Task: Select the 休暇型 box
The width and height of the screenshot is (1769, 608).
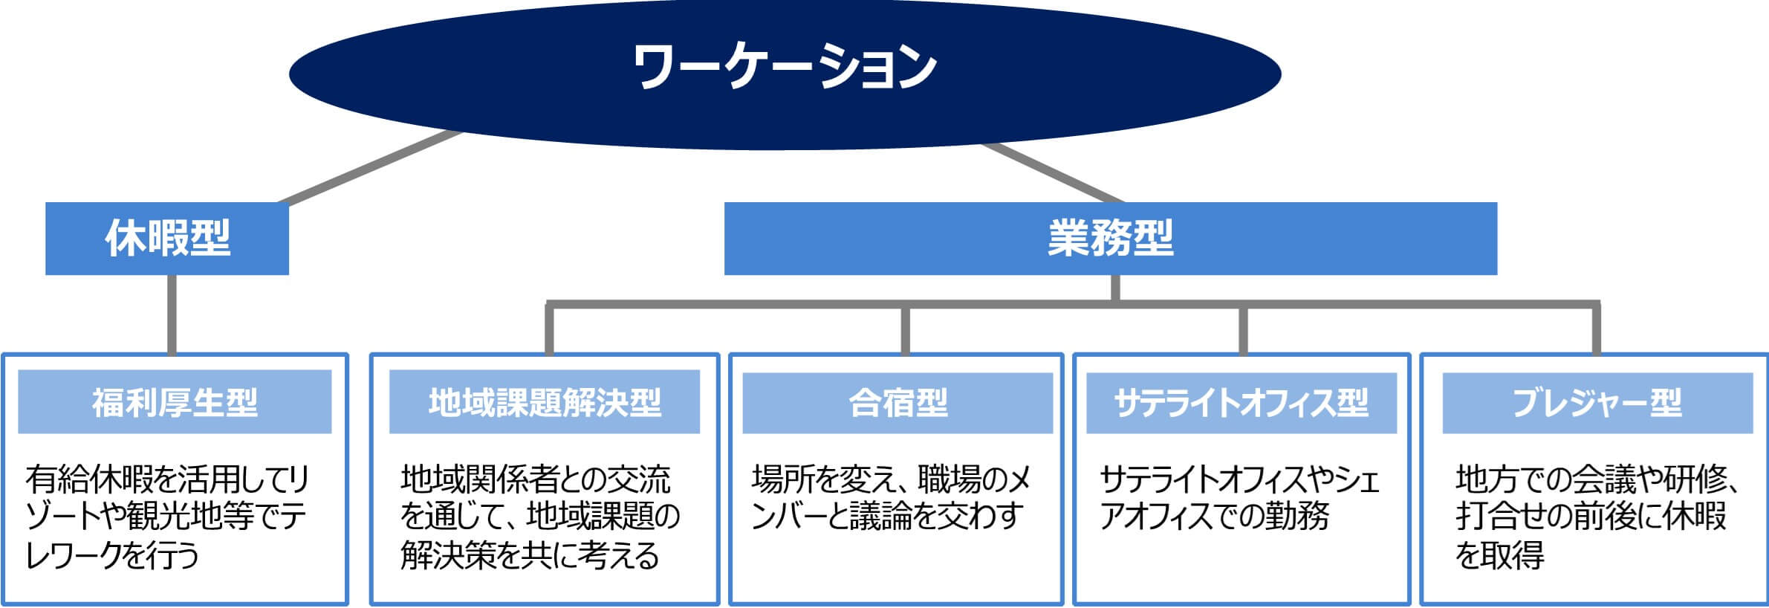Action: pos(167,239)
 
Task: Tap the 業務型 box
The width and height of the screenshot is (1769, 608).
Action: pos(1111,239)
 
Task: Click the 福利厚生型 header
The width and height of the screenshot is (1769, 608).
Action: pos(175,401)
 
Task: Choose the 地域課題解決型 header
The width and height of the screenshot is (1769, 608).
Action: pos(545,401)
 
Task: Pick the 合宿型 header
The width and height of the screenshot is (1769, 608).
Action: pos(898,401)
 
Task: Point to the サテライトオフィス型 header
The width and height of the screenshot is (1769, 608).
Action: pos(1241,401)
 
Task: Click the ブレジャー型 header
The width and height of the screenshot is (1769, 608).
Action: pos(1597,401)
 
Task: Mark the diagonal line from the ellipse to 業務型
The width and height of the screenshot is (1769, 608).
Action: pos(1054,172)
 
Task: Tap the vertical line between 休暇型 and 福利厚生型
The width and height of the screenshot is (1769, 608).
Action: pos(172,314)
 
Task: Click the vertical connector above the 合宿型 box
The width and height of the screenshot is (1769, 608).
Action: pos(905,330)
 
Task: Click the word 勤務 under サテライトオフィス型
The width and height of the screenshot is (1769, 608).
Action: pos(1296,517)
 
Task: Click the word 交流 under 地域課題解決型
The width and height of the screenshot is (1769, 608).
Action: pos(639,479)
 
